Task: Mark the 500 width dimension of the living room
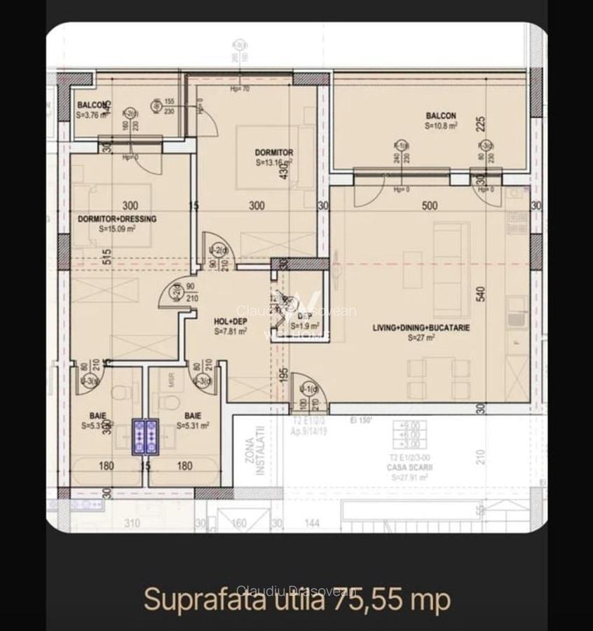point(430,205)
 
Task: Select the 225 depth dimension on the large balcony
point(481,125)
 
